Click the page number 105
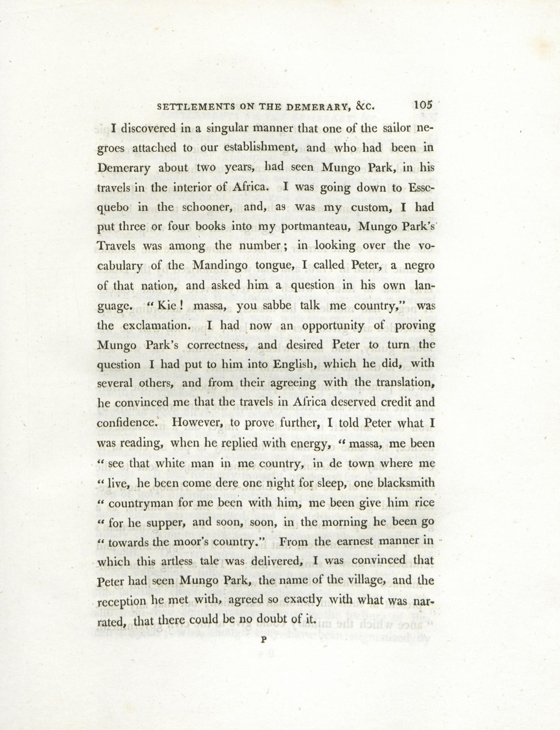(x=423, y=105)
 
